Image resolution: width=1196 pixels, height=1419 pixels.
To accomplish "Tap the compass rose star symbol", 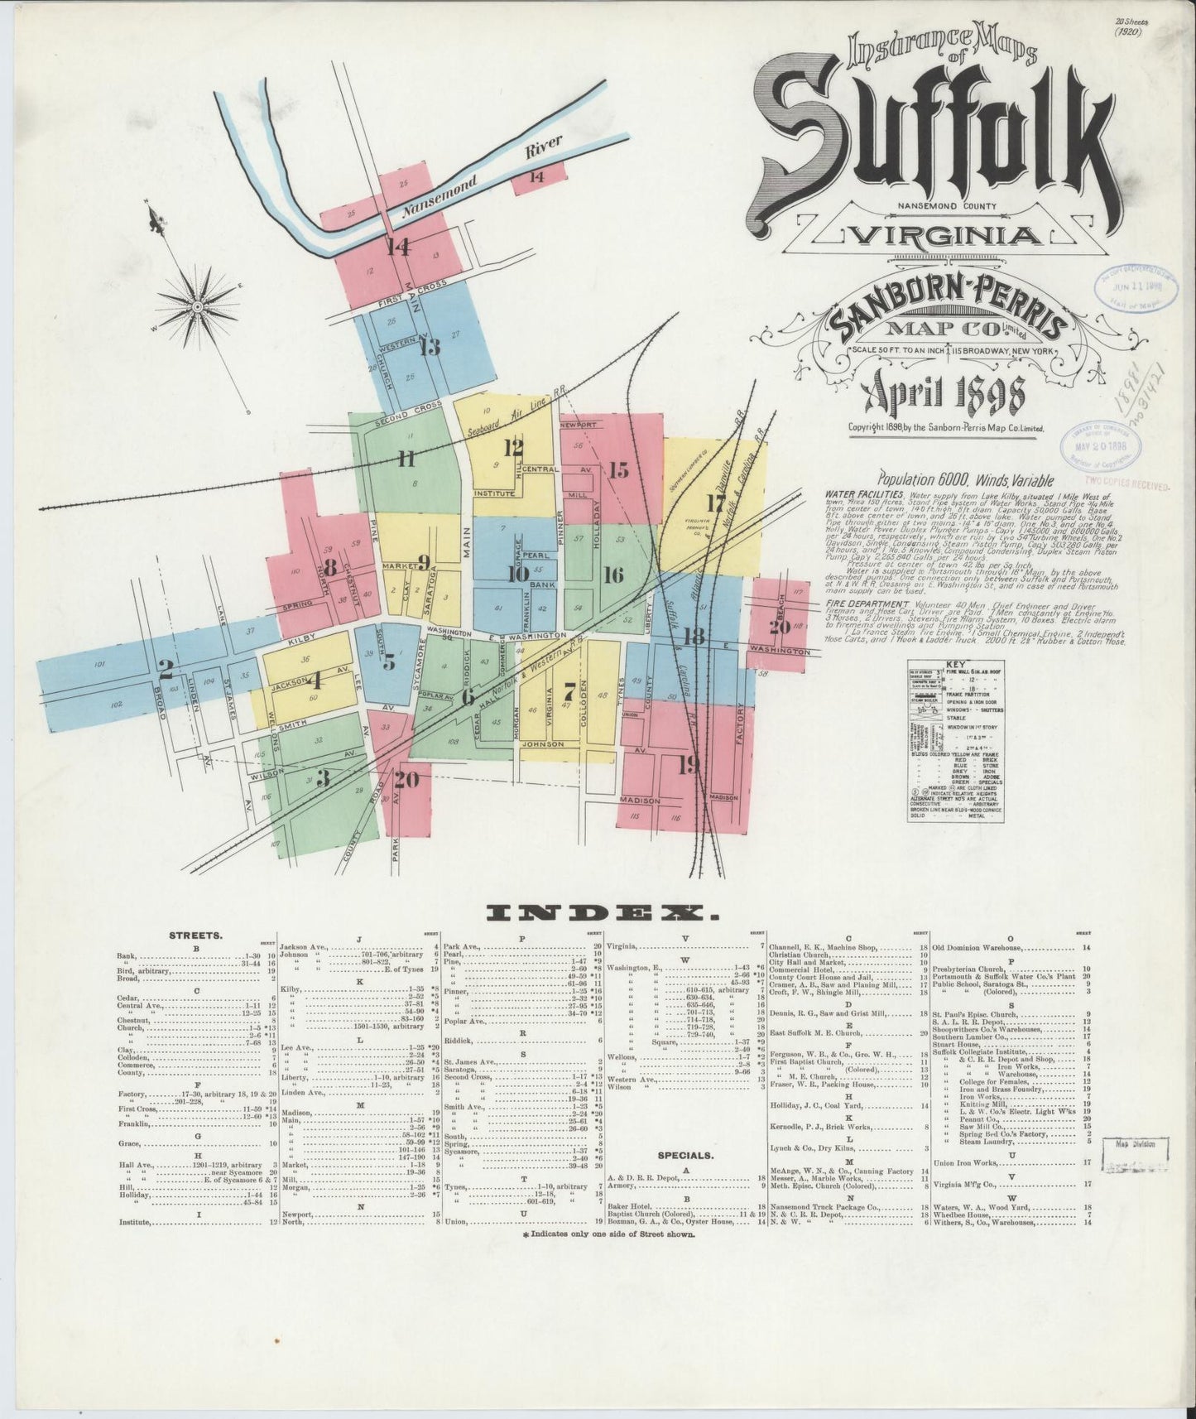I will pyautogui.click(x=199, y=306).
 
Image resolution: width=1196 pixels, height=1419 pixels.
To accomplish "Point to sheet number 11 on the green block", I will pyautogui.click(x=406, y=458).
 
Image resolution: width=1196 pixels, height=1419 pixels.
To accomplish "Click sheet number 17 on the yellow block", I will pyautogui.click(x=715, y=503).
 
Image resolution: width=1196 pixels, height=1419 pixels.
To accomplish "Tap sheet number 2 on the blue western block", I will pyautogui.click(x=165, y=667).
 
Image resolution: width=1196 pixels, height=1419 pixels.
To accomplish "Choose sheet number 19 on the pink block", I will pyautogui.click(x=688, y=766).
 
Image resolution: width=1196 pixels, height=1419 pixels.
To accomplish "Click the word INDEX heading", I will pyautogui.click(x=603, y=913).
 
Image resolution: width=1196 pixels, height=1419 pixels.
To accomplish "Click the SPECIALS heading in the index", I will pyautogui.click(x=686, y=1154).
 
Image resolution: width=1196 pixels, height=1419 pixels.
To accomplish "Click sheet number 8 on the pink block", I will pyautogui.click(x=329, y=568).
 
